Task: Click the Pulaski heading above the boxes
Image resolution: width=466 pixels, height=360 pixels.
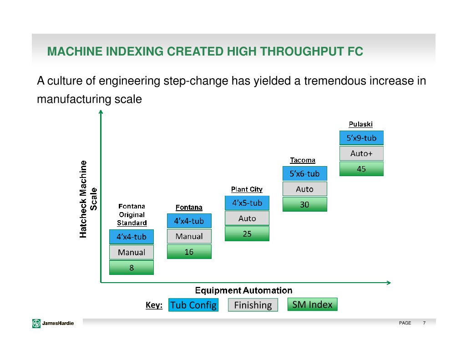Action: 360,124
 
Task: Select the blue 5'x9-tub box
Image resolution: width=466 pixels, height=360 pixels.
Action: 361,138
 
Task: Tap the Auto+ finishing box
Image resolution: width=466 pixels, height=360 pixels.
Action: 361,153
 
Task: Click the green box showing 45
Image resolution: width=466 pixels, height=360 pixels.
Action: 361,169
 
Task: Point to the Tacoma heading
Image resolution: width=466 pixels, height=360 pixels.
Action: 303,160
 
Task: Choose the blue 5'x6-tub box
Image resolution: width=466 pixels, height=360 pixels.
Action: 304,173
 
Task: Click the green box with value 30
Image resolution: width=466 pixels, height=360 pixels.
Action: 304,204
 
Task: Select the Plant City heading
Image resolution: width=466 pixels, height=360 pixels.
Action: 247,189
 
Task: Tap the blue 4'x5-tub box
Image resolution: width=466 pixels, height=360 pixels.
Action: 247,203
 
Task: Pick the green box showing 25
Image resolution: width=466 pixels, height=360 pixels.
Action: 247,234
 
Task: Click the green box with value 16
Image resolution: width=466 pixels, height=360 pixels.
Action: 189,252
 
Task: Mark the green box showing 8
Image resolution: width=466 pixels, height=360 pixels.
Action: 132,268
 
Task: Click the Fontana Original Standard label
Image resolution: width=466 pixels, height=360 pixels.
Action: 132,215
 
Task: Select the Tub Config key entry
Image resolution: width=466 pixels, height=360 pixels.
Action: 193,305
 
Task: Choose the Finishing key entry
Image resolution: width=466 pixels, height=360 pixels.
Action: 253,305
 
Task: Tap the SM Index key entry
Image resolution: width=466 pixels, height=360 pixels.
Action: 312,304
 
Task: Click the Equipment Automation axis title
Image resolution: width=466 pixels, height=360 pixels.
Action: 243,290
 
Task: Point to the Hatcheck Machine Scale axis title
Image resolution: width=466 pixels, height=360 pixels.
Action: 88,199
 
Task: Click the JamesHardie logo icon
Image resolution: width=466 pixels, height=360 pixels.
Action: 36,323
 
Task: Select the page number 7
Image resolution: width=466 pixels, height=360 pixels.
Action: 424,323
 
